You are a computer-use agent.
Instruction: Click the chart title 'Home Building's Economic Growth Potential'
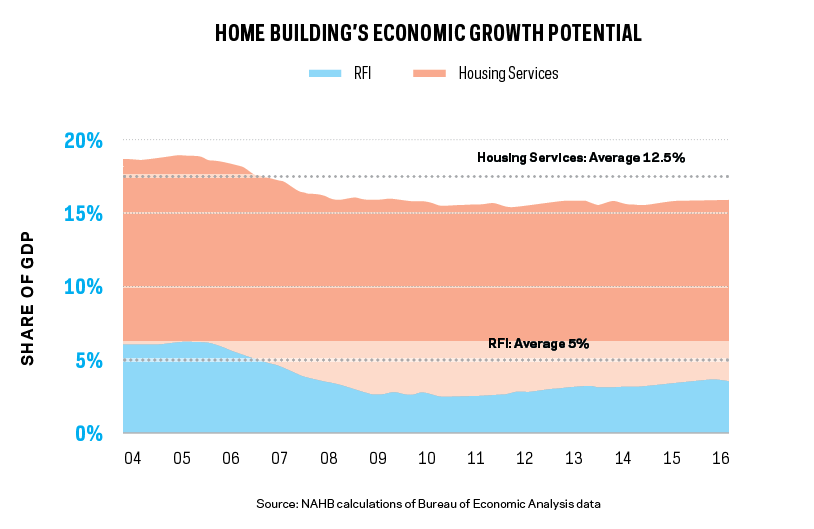coord(428,34)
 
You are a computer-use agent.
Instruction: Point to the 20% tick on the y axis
coord(83,141)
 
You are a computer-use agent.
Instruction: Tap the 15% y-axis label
coord(83,214)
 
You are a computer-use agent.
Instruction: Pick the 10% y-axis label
coord(83,287)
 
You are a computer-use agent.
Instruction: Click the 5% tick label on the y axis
coord(88,360)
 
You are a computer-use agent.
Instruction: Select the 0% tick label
coord(88,433)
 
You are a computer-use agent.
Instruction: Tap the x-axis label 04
coord(132,458)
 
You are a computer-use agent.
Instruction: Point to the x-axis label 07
coord(279,458)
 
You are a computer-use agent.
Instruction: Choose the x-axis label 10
coord(426,458)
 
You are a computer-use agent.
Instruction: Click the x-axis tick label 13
coord(573,458)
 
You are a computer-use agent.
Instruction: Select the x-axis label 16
coord(719,458)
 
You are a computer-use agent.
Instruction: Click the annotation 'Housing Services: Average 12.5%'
coord(580,158)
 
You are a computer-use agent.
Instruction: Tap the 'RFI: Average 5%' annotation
coord(538,344)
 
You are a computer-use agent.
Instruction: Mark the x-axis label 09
coord(377,458)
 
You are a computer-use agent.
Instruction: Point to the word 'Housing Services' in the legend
coord(508,73)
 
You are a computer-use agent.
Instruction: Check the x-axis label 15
coord(670,458)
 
